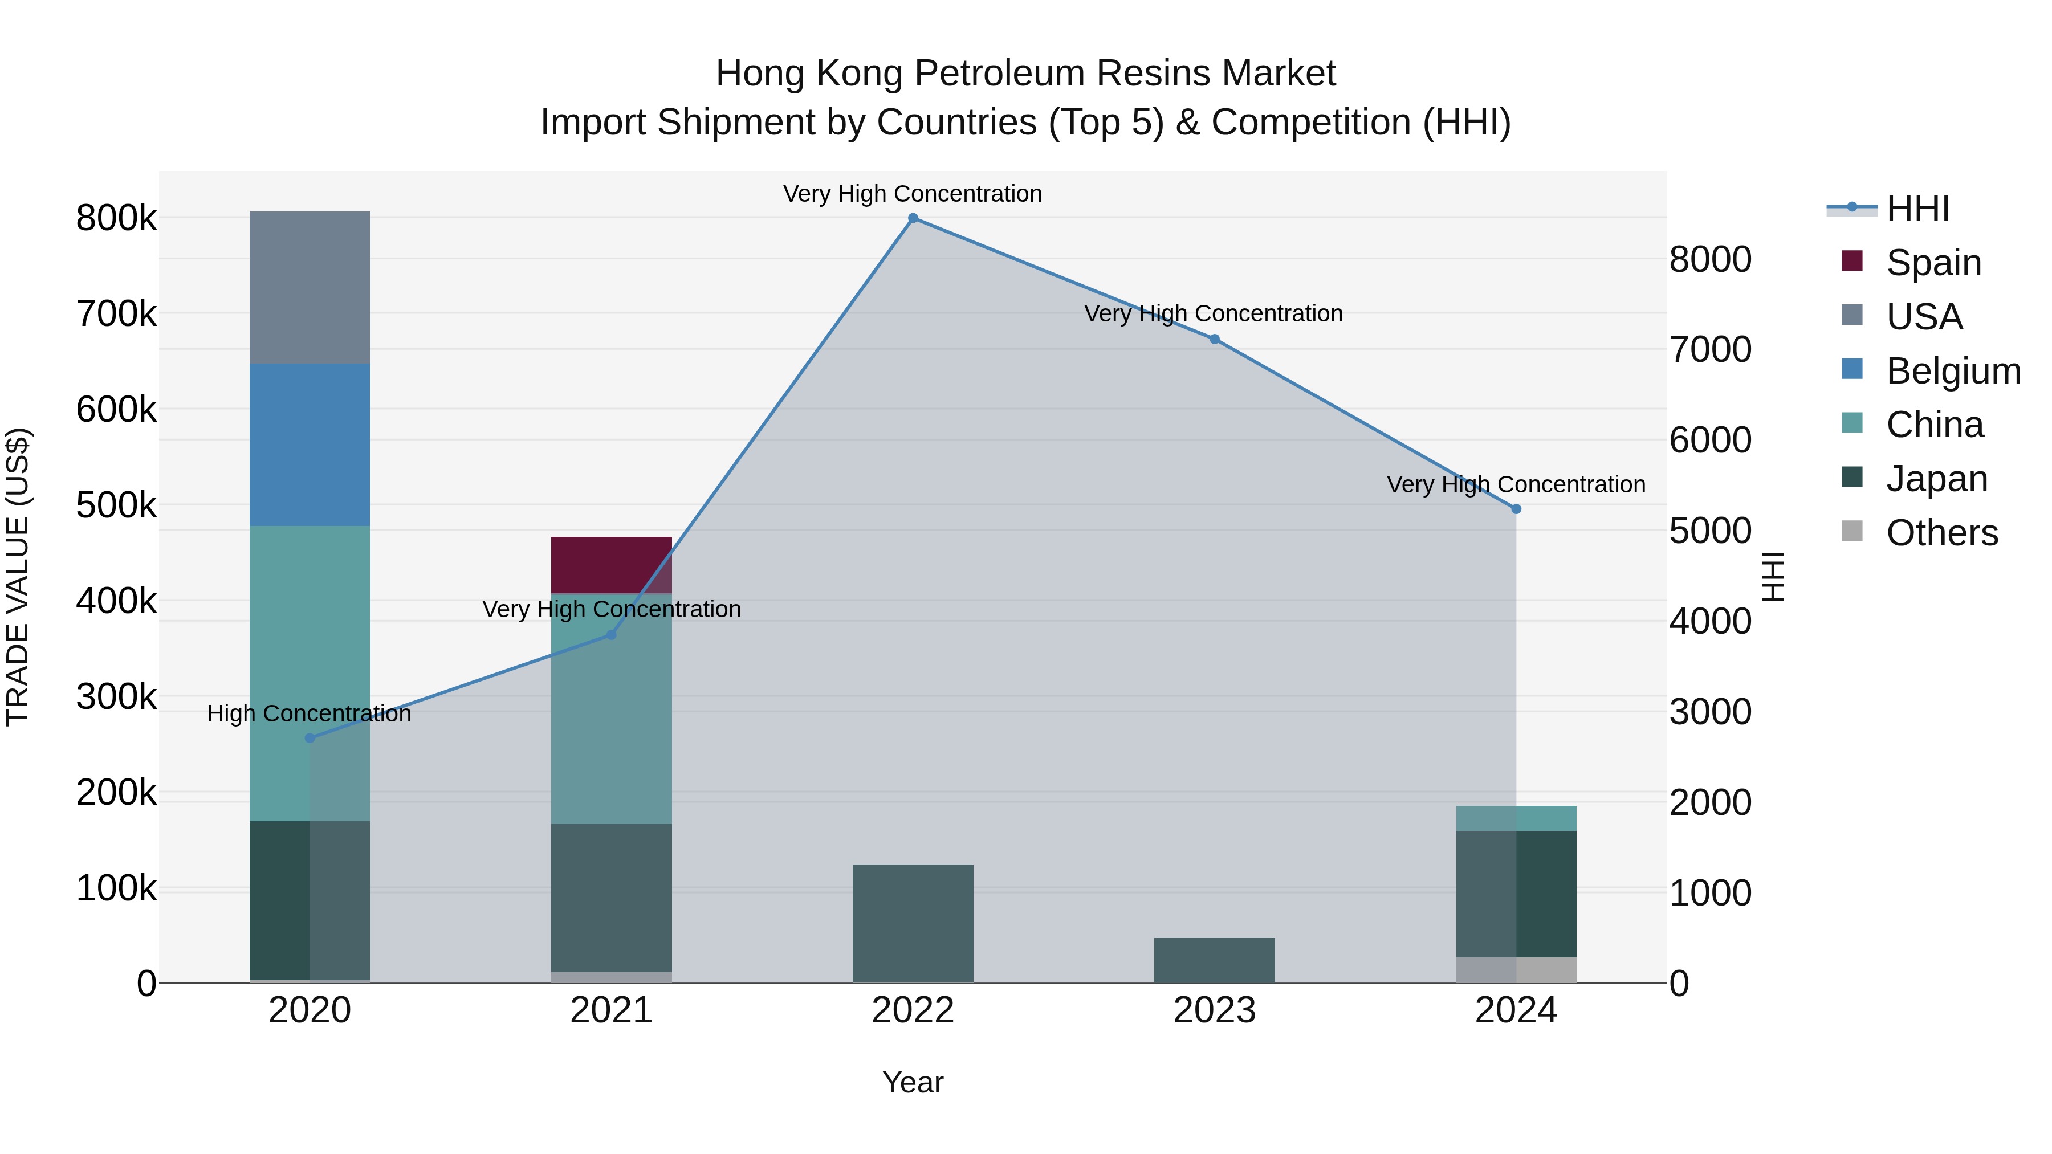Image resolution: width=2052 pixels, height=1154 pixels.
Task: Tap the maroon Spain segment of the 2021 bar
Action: click(x=611, y=565)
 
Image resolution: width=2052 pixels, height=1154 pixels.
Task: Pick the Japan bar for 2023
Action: click(x=1214, y=960)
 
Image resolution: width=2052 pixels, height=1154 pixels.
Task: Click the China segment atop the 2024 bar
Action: click(x=1515, y=818)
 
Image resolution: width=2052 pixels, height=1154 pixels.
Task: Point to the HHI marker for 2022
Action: click(x=913, y=218)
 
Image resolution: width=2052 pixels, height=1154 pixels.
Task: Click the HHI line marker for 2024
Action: click(x=1516, y=509)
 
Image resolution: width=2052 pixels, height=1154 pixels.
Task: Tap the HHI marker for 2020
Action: click(x=310, y=738)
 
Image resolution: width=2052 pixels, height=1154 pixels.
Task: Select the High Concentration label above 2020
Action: click(x=309, y=713)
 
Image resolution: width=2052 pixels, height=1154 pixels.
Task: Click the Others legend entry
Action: click(x=1941, y=533)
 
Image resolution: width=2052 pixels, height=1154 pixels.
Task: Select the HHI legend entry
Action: click(x=1917, y=209)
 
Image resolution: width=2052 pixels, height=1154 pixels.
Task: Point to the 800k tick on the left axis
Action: click(x=116, y=218)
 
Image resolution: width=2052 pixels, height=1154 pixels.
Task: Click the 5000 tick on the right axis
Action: click(x=1710, y=531)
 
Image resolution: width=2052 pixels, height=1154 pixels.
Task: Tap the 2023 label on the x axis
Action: click(x=1214, y=1010)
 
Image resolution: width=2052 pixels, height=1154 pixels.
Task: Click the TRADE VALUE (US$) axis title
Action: click(x=18, y=577)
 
